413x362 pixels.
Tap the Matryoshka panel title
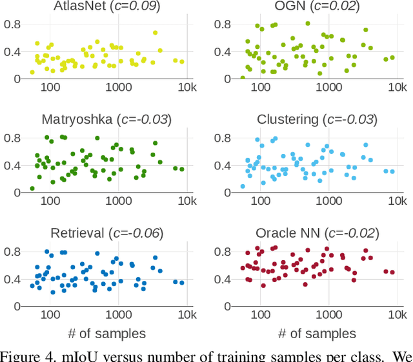[x=107, y=119]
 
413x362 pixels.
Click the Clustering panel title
[x=317, y=119]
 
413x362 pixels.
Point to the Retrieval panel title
[x=107, y=233]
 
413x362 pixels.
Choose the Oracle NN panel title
[x=317, y=233]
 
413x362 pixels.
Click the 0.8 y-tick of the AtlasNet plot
[x=12, y=24]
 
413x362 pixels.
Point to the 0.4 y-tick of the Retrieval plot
[x=12, y=279]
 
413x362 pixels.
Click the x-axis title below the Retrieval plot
[x=107, y=333]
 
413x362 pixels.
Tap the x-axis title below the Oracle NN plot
[x=317, y=333]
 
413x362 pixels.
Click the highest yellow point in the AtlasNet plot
[x=155, y=32]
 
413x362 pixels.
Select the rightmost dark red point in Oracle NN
[x=392, y=272]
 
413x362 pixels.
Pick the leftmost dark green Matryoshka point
[x=32, y=189]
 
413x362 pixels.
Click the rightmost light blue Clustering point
[x=392, y=172]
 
